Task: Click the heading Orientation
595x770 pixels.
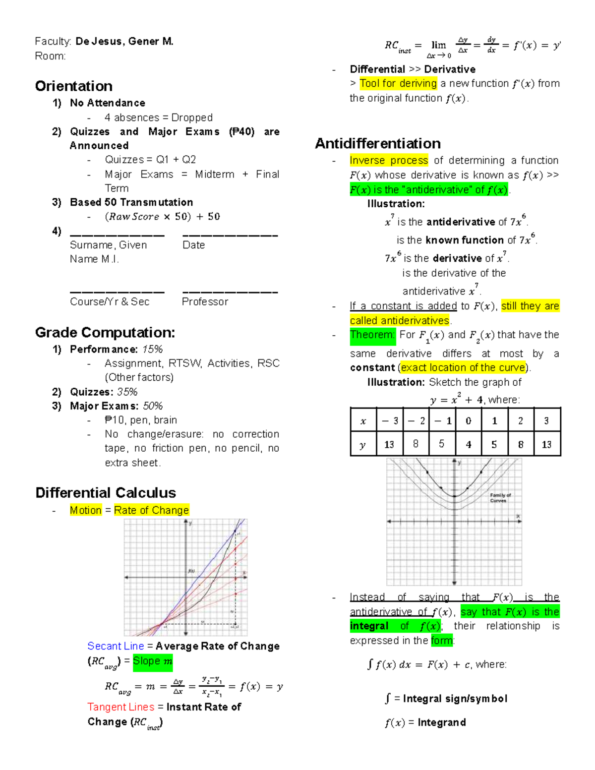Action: point(74,86)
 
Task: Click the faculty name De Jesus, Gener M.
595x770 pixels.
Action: point(124,42)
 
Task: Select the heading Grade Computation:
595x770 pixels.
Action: point(105,332)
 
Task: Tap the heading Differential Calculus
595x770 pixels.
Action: point(106,492)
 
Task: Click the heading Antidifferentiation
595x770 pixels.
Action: point(378,143)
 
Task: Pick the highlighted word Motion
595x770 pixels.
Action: point(86,510)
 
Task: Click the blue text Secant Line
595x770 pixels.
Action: point(116,646)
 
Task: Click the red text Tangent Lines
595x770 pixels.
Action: point(121,707)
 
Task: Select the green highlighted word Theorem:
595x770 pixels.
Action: point(372,335)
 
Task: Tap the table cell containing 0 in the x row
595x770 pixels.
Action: point(469,420)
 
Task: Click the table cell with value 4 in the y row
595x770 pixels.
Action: point(469,444)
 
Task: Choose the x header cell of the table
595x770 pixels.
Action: point(363,420)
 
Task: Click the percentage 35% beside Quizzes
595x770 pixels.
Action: point(127,392)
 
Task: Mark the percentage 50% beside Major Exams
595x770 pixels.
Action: point(153,406)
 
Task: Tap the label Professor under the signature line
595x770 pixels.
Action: point(205,301)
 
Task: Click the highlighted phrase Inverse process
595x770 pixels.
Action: point(389,160)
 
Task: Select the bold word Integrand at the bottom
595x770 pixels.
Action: point(441,722)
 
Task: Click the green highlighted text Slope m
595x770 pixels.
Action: point(153,661)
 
